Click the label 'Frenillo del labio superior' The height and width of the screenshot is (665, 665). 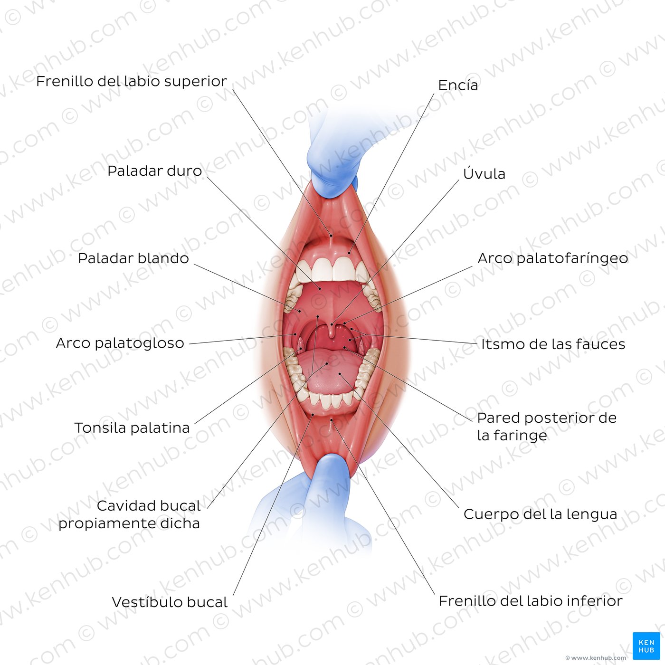(132, 81)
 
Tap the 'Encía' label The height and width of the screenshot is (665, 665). (458, 85)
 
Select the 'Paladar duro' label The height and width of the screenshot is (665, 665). (154, 171)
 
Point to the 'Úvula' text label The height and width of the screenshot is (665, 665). (484, 173)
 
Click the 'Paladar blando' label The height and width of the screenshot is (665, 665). (133, 258)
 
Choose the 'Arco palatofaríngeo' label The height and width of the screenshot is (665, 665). (553, 258)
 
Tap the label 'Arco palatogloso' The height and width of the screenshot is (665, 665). (120, 343)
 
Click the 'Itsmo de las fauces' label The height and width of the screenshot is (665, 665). (553, 344)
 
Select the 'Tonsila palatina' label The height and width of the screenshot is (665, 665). (132, 428)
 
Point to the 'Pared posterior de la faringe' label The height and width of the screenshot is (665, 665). (547, 427)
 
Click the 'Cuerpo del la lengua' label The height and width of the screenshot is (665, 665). (540, 514)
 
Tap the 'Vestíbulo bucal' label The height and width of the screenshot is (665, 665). (170, 602)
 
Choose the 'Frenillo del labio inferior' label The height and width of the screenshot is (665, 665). (531, 601)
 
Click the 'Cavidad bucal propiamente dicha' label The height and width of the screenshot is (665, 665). (129, 514)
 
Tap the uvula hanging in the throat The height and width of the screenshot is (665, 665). (332, 331)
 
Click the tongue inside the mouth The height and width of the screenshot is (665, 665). (326, 371)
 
